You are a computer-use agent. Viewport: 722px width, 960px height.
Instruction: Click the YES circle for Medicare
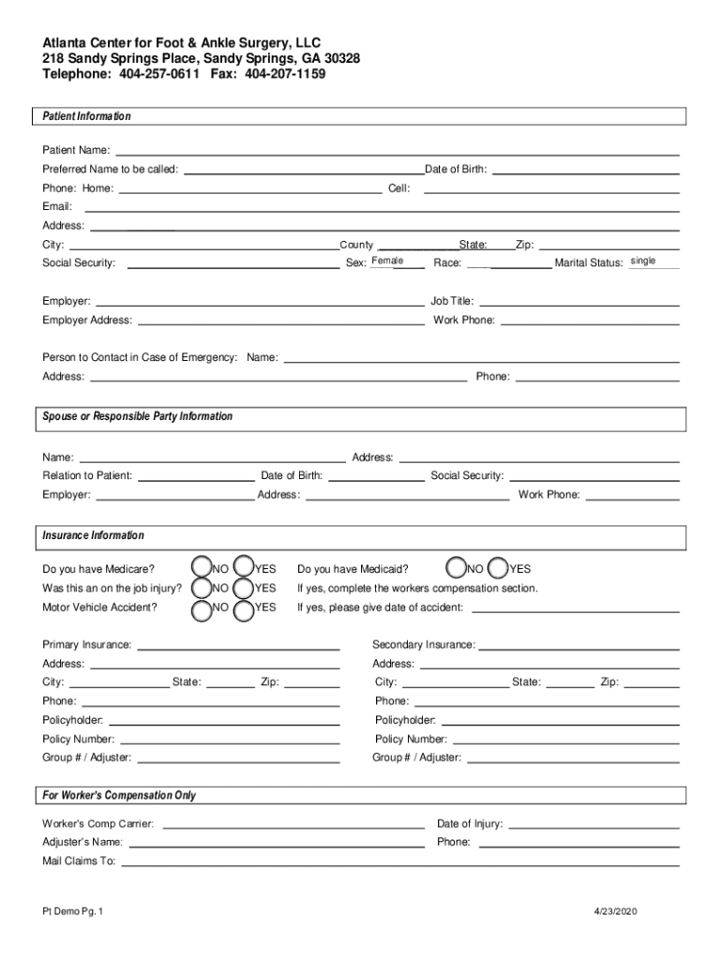point(243,567)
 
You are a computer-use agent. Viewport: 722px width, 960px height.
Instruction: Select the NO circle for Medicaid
point(456,567)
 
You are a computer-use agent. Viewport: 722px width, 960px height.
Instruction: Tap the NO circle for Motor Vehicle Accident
point(201,609)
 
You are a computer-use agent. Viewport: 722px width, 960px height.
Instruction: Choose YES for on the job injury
point(243,588)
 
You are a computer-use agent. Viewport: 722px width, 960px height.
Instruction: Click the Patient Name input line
point(397,150)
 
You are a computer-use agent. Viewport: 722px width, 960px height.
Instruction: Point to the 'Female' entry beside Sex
point(387,261)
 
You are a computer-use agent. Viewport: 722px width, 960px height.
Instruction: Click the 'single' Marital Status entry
point(643,261)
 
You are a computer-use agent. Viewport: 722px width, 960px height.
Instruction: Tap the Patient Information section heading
point(86,116)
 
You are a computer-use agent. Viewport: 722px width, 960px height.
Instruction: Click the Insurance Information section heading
point(93,535)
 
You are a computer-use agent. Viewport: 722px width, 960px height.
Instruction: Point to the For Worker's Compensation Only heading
point(119,795)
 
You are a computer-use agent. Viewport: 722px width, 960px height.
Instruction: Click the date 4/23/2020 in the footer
point(613,911)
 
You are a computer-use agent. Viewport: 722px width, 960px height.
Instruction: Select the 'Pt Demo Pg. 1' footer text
point(72,911)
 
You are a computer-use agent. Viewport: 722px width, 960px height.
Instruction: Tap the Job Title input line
point(579,302)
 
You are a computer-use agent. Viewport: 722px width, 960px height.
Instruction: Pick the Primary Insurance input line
point(238,645)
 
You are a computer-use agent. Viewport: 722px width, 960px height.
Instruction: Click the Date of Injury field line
point(594,824)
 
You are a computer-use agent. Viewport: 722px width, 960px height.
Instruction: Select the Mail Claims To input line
point(400,861)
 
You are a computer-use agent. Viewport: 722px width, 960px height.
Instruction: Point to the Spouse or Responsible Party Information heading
point(137,416)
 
